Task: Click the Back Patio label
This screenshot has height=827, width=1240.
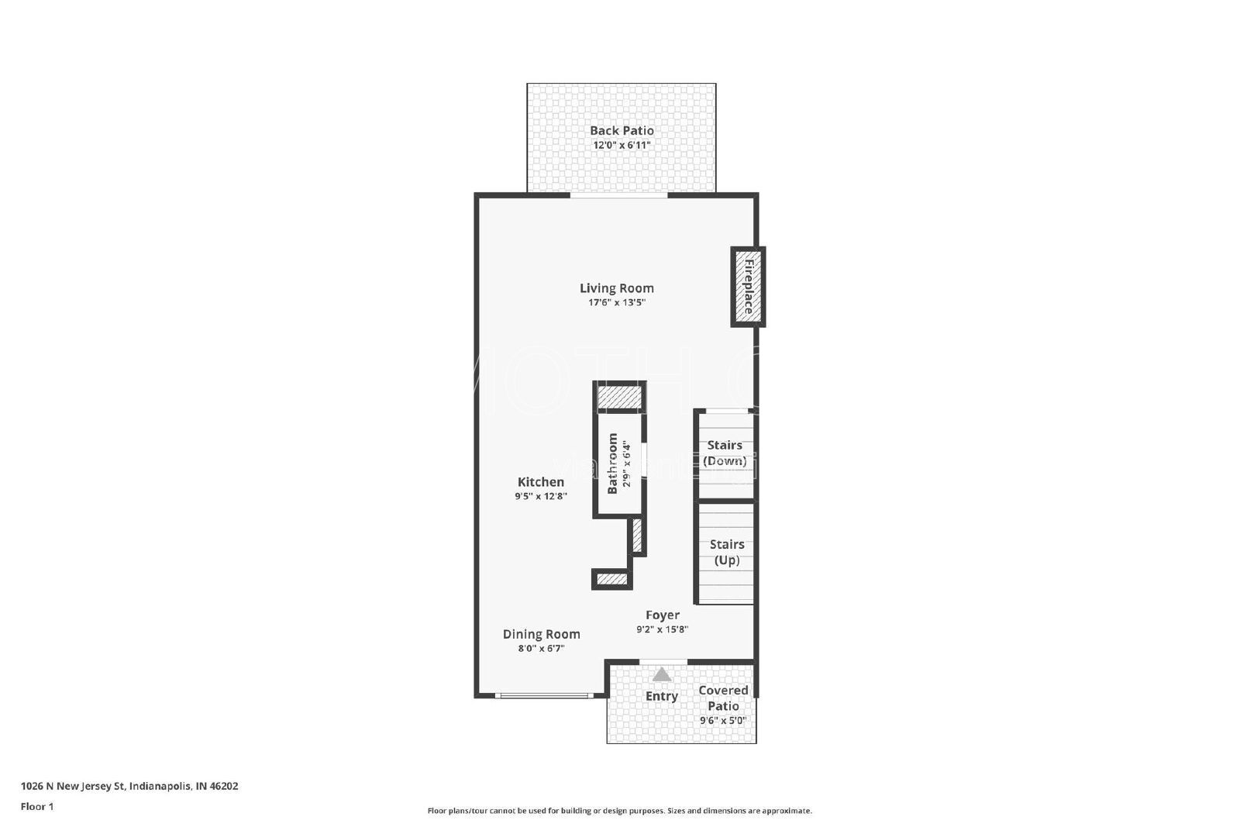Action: (x=622, y=131)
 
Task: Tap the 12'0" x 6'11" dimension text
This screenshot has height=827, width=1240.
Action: (x=622, y=146)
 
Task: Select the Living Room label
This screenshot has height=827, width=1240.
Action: (x=617, y=288)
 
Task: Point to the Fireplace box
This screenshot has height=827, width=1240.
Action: (x=748, y=287)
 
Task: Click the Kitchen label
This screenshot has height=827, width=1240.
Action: (x=541, y=482)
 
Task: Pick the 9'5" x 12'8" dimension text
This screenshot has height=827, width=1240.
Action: (x=541, y=496)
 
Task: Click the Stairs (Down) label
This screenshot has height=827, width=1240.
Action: (x=725, y=453)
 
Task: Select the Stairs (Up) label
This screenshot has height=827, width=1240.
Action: (x=727, y=552)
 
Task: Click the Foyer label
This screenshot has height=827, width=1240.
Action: (x=663, y=615)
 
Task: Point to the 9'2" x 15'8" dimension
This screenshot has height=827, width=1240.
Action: (x=663, y=630)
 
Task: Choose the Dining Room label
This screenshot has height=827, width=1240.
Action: (x=541, y=634)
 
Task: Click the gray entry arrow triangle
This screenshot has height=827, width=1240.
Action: (x=662, y=674)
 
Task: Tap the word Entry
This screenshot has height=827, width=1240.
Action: (x=662, y=696)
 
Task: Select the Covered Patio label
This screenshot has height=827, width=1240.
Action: (x=723, y=698)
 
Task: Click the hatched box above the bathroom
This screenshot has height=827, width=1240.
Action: (x=619, y=397)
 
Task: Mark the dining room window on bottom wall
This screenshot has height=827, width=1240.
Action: (x=544, y=696)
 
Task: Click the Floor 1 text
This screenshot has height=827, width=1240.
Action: (x=37, y=807)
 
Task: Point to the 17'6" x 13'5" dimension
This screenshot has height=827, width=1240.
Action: (x=617, y=303)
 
